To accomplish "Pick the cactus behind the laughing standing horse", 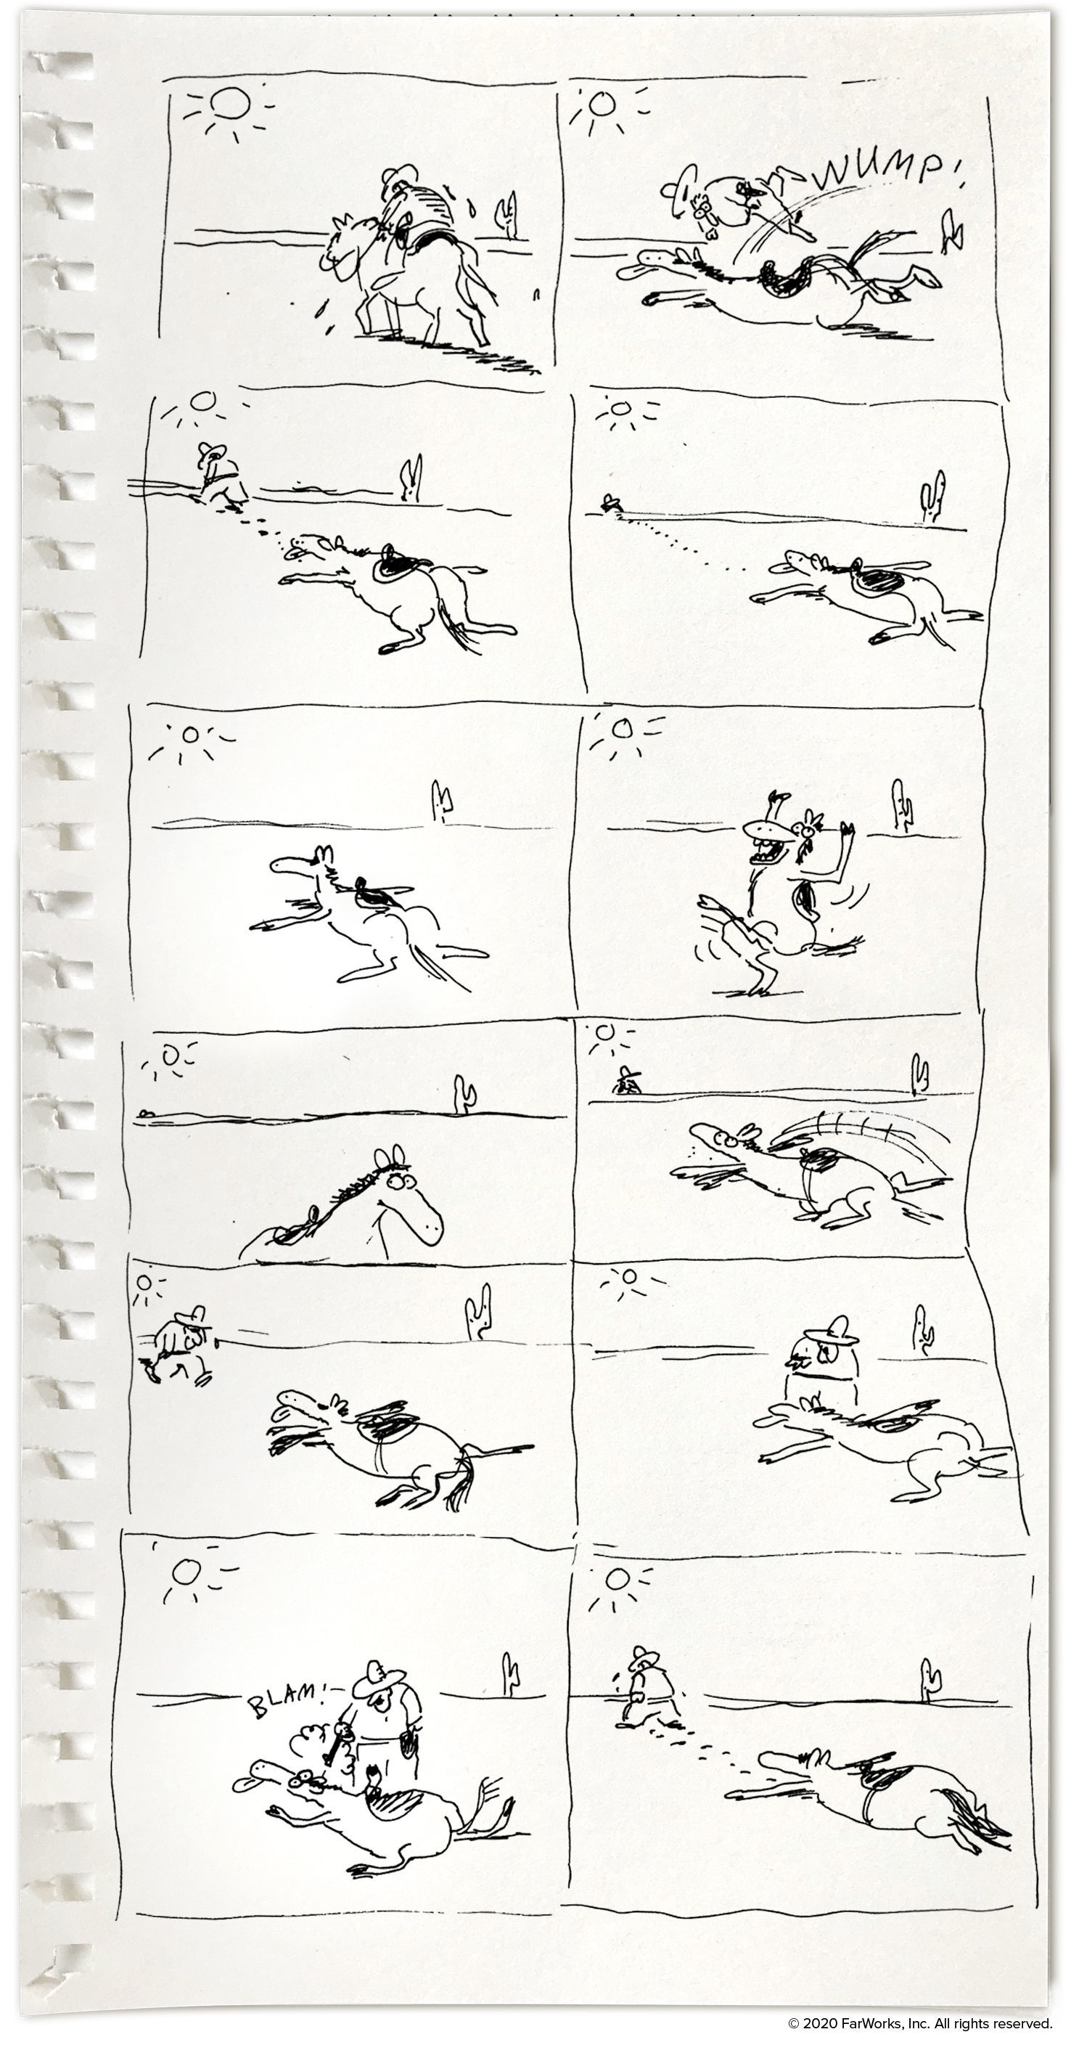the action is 902,807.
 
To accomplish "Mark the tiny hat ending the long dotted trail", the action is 611,500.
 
